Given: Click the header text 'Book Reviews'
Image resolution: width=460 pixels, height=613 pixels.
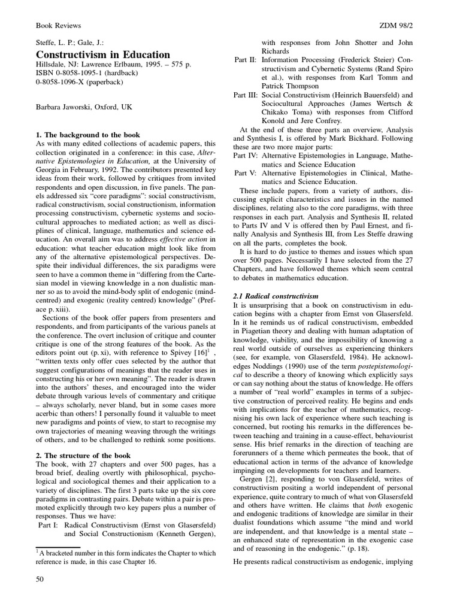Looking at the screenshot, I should (59, 26).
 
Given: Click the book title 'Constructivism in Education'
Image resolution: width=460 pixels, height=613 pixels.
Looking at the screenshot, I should (103, 54).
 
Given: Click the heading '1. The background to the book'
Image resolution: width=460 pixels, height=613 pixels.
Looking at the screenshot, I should (88, 135).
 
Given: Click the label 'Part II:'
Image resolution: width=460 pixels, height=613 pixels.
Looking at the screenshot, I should (246, 60).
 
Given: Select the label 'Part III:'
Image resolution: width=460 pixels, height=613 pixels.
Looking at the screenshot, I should (247, 95).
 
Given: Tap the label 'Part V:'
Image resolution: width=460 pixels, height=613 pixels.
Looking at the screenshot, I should (246, 173).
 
